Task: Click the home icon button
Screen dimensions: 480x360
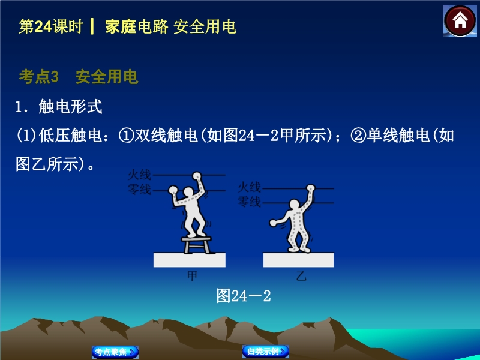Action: tap(460, 21)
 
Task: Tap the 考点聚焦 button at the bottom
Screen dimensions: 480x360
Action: tap(115, 352)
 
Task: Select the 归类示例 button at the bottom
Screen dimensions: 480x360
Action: tap(266, 351)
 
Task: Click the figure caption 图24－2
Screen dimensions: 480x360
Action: tap(244, 296)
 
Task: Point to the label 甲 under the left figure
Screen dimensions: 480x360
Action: tap(192, 276)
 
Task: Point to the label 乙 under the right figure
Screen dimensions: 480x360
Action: tap(301, 277)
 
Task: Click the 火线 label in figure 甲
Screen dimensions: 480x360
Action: tap(140, 175)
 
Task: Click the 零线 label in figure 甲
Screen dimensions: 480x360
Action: tap(140, 190)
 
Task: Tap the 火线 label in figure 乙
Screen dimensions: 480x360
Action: tap(250, 187)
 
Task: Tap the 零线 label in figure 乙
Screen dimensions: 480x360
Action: tap(250, 202)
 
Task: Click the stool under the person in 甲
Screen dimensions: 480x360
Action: tap(196, 244)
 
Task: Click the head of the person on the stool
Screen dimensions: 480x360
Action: tap(188, 192)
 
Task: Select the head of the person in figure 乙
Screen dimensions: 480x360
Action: tap(295, 205)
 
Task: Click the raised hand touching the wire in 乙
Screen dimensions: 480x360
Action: tap(310, 188)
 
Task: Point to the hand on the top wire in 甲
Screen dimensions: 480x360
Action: tap(197, 176)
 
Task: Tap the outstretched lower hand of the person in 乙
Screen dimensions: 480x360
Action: tap(273, 223)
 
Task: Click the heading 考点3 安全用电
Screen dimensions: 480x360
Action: tap(79, 77)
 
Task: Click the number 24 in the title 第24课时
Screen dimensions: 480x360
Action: tap(43, 26)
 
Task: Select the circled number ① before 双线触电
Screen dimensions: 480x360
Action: tap(126, 136)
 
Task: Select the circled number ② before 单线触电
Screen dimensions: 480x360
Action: tap(358, 136)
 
